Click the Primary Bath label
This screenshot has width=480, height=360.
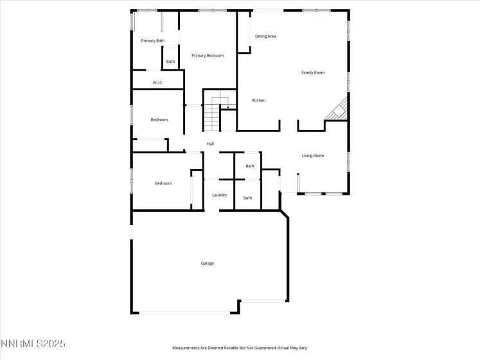tap(152, 41)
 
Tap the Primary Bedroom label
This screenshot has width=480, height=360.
tap(208, 56)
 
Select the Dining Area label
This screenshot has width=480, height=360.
tap(265, 37)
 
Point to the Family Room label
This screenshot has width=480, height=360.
tap(313, 73)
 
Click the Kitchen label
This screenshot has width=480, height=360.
tap(258, 100)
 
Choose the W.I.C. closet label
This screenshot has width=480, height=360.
tap(157, 83)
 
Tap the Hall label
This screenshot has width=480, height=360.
tap(210, 144)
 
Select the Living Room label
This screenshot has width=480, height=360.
tap(313, 156)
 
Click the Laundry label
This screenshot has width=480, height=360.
tap(219, 195)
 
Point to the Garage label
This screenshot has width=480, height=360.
tap(207, 264)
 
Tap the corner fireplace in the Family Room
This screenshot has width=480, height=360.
tap(337, 111)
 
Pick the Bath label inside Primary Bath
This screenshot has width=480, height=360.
tap(170, 62)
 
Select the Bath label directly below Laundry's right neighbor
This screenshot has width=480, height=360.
tap(247, 198)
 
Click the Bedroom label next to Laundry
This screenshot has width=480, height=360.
tap(163, 184)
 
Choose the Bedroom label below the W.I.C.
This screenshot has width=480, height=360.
tap(159, 120)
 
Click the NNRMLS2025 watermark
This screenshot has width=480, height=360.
tap(33, 345)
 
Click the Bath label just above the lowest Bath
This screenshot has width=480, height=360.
tap(249, 166)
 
